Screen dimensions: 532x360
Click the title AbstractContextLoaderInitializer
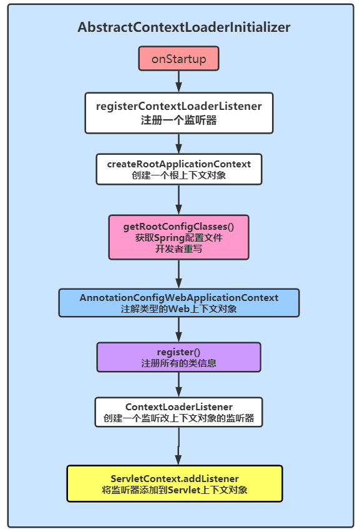click(183, 27)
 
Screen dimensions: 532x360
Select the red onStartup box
click(178, 59)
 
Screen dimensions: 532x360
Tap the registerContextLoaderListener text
click(178, 106)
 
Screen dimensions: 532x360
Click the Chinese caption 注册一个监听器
click(178, 121)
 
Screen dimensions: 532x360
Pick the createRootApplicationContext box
click(178, 169)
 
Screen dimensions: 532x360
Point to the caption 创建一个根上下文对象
click(178, 175)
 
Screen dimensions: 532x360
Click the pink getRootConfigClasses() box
click(178, 237)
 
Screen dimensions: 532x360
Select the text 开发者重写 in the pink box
click(178, 249)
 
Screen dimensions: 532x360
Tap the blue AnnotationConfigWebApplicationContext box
click(178, 303)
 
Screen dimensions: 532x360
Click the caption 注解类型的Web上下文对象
click(178, 308)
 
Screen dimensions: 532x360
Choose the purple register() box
click(178, 357)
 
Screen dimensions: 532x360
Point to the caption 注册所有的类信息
click(178, 363)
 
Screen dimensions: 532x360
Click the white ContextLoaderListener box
click(178, 412)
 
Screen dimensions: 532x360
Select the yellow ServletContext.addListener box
click(175, 483)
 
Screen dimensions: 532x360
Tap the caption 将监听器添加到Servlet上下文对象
click(175, 490)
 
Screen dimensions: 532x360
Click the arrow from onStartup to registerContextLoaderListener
click(178, 81)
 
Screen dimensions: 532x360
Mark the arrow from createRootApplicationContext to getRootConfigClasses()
click(178, 200)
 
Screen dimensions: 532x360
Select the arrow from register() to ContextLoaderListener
click(178, 385)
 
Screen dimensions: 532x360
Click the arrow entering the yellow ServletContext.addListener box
click(178, 446)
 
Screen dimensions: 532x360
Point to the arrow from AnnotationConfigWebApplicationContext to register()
click(178, 329)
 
